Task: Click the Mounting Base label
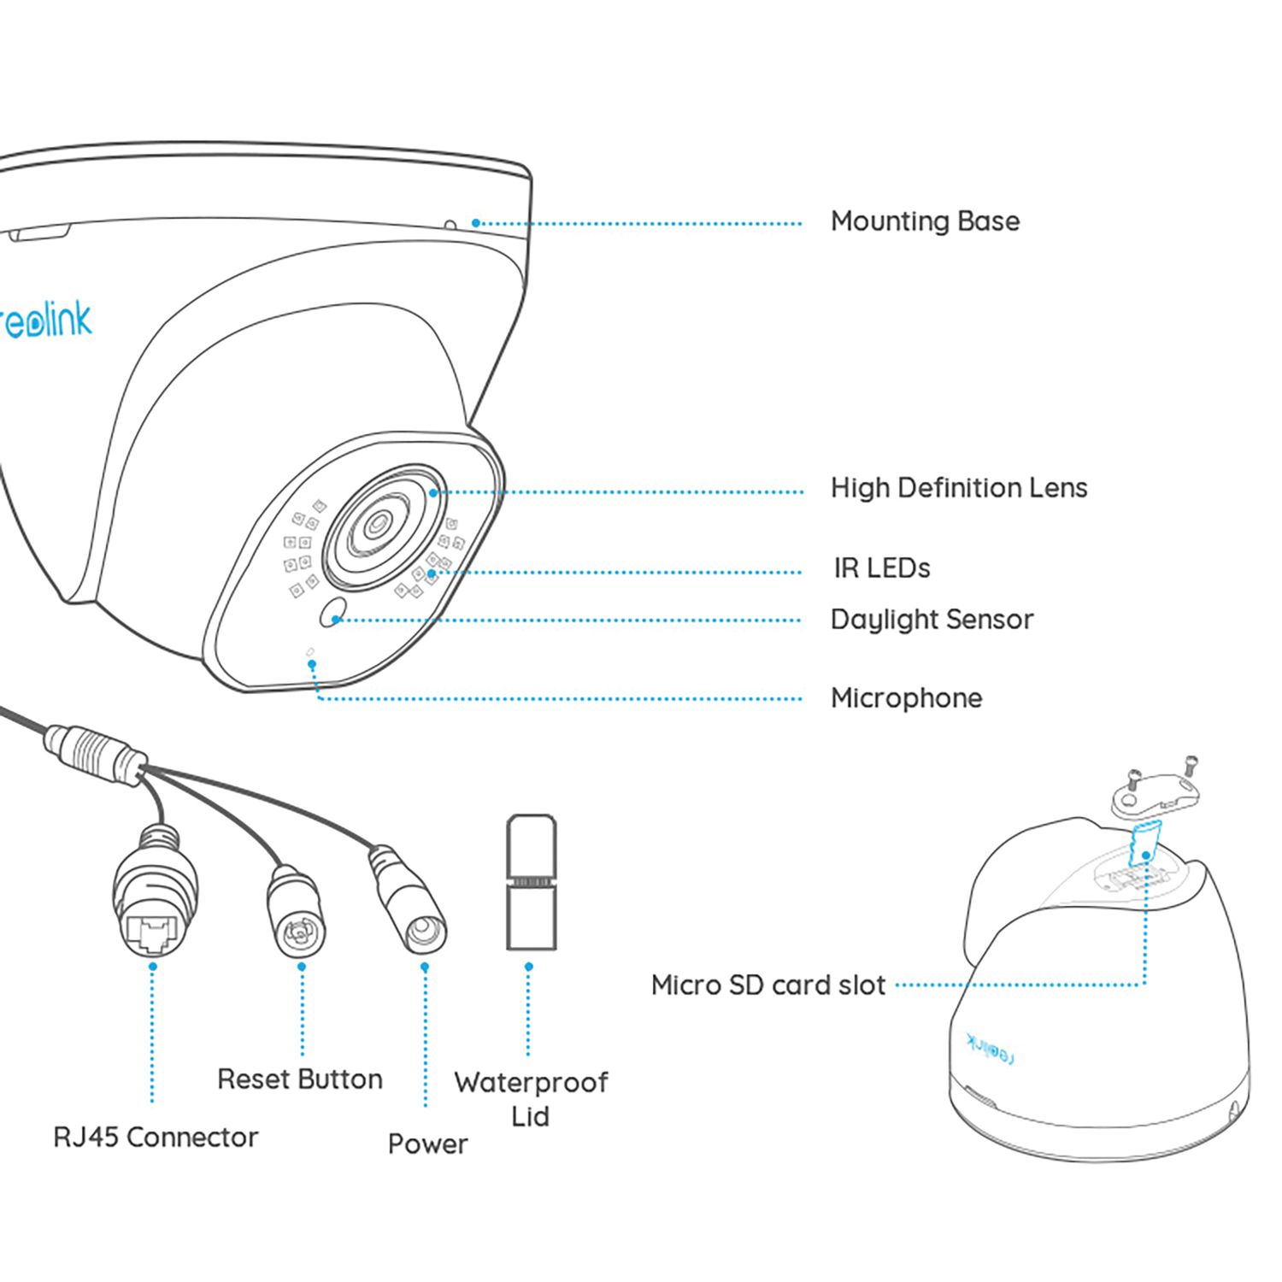[x=925, y=221]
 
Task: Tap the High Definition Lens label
[x=958, y=488]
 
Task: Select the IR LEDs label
[x=881, y=568]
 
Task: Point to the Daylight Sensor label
[x=932, y=620]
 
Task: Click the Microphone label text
[x=906, y=698]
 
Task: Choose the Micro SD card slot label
[x=767, y=985]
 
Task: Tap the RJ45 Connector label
[x=155, y=1138]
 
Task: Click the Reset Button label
[x=299, y=1079]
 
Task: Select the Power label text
[x=427, y=1144]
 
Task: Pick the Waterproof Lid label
[x=531, y=1099]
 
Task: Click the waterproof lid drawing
[x=531, y=882]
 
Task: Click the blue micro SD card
[x=1144, y=843]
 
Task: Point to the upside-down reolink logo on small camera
[x=990, y=1048]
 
